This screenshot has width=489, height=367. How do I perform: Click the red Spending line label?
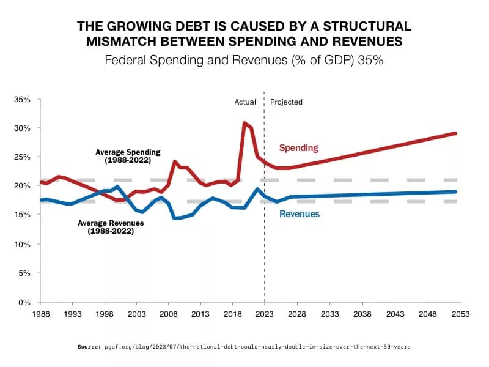(298, 148)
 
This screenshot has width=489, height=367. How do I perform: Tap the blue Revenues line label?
(300, 214)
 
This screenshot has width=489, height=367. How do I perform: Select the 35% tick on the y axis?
(22, 99)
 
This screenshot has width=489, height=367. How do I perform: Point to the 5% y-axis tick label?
(24, 273)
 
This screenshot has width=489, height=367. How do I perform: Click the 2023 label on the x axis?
(264, 313)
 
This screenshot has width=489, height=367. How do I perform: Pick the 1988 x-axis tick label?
(40, 313)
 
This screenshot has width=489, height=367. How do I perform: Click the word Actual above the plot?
(245, 102)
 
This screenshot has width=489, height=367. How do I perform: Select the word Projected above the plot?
(286, 102)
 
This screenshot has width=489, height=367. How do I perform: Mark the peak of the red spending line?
(244, 123)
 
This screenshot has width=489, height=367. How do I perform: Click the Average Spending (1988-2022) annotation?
(127, 156)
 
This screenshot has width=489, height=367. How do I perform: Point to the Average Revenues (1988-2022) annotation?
(111, 227)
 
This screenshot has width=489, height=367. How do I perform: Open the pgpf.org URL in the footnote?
(257, 347)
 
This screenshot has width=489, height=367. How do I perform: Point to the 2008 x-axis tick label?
(168, 313)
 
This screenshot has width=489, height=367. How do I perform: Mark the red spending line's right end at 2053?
(456, 133)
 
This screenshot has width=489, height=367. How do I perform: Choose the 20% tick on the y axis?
(22, 186)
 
